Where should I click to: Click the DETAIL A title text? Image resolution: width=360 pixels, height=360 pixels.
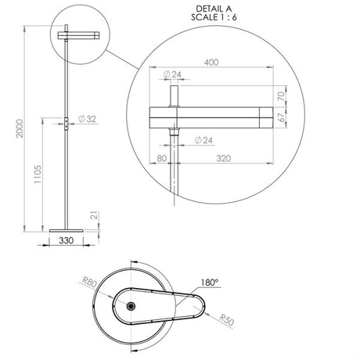[214, 9]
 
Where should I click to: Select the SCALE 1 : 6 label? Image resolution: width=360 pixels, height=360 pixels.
[214, 17]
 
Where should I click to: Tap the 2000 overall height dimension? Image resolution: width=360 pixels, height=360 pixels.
[20, 128]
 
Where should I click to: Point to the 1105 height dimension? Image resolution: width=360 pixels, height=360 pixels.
[38, 174]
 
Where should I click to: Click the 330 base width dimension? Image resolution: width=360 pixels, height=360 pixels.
[67, 240]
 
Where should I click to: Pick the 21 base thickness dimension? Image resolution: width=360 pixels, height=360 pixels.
[95, 215]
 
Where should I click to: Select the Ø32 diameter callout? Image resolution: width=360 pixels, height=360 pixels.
[87, 119]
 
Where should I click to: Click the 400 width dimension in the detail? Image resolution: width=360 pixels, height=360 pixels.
[211, 63]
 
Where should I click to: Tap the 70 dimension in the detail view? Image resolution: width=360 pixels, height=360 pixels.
[281, 96]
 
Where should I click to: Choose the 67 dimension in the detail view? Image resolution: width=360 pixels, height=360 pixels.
[281, 117]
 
